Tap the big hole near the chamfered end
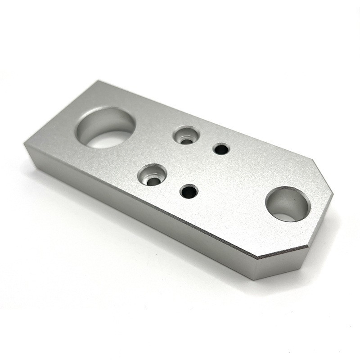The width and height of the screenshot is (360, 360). (288, 204)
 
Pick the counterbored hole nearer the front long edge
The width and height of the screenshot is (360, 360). (152, 175)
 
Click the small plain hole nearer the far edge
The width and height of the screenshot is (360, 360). (220, 148)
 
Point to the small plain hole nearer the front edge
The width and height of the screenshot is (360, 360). (189, 192)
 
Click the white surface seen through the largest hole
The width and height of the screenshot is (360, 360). (108, 140)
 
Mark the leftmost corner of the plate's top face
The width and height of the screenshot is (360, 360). (25, 145)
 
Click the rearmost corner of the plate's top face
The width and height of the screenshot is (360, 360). (97, 81)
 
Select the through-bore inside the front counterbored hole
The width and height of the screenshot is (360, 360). (153, 181)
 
